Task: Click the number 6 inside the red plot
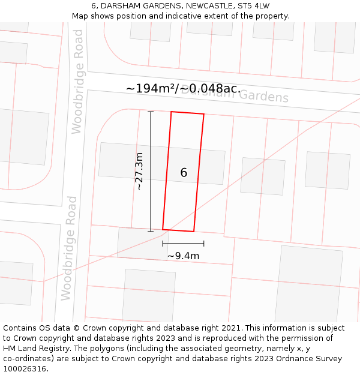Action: point(184,173)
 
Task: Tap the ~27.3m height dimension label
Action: point(139,171)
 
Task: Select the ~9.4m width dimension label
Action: point(183,256)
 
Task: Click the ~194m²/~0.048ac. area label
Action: point(183,88)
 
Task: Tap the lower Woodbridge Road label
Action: point(68,248)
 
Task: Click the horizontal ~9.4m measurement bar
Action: point(183,244)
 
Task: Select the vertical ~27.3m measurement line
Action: point(151,171)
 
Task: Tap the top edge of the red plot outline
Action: point(187,113)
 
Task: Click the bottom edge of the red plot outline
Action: point(178,230)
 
